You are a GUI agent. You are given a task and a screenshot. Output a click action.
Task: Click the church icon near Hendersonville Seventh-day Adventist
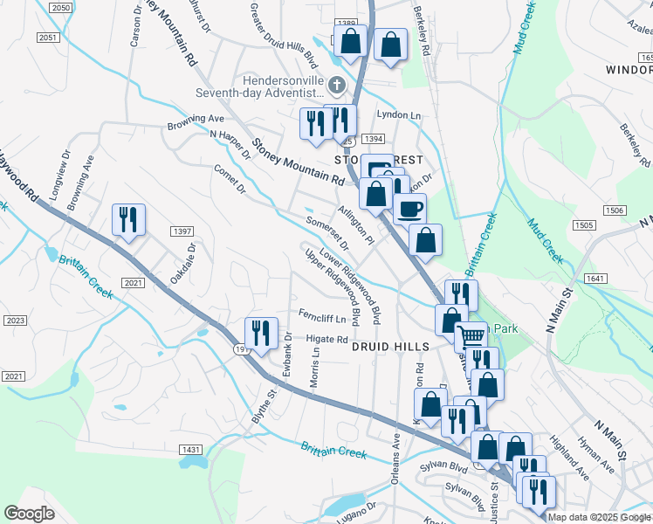(335, 86)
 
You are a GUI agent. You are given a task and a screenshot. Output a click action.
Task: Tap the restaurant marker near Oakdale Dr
(129, 219)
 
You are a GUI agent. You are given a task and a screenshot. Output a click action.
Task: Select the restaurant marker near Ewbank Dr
(261, 333)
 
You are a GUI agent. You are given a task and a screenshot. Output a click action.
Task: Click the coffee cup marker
(409, 209)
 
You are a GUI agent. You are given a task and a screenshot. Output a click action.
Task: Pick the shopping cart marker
(471, 335)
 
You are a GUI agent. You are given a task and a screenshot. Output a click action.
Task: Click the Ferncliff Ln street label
(322, 317)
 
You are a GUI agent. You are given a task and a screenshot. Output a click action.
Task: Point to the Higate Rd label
(327, 340)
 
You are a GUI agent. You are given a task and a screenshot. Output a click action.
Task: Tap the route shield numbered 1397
(182, 231)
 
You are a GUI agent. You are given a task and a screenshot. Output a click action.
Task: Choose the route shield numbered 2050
(60, 7)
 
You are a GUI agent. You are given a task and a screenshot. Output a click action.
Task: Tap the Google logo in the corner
(30, 514)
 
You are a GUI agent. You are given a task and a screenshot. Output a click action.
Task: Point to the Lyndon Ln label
(398, 115)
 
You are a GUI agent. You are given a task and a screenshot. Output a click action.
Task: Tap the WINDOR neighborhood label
(629, 69)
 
